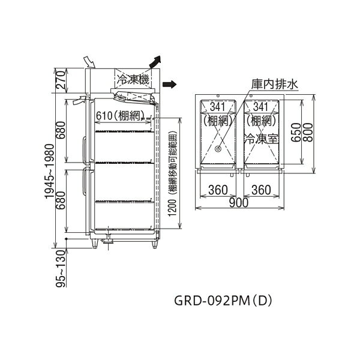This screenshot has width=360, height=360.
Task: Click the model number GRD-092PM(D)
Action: (x=223, y=301)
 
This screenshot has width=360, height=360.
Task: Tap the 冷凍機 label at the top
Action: (x=133, y=80)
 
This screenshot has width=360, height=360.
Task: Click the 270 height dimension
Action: (x=61, y=80)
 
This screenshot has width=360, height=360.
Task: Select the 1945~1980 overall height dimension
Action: (x=49, y=171)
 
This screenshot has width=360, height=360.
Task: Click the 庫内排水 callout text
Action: (x=275, y=84)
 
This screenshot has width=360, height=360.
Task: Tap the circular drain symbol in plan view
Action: (x=218, y=149)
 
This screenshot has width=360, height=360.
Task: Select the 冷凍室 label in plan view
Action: (x=262, y=139)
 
